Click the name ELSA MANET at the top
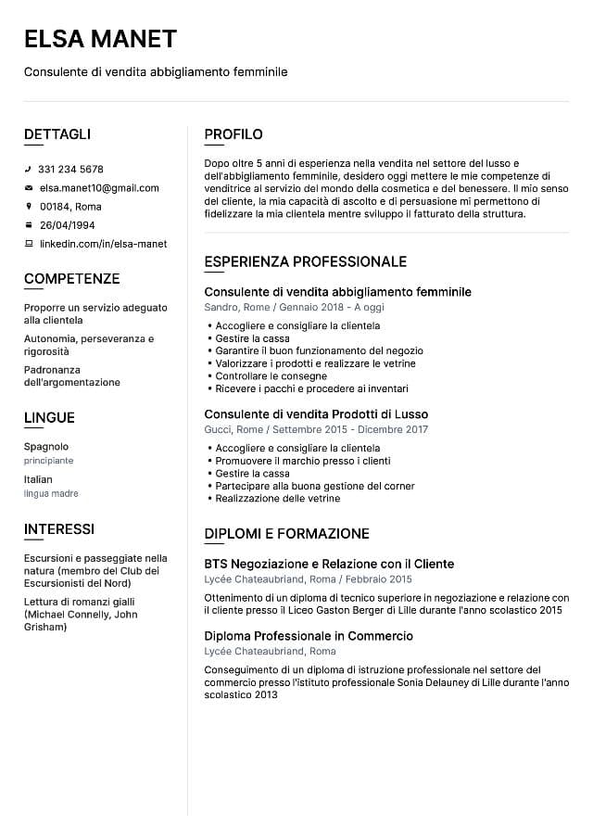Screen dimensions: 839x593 coord(100,38)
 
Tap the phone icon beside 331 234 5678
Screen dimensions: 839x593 coord(29,170)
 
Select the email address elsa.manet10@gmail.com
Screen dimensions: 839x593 coord(99,188)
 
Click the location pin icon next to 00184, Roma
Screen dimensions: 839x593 coord(29,207)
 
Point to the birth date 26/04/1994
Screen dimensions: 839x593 coord(67,225)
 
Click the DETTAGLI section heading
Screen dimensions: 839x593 coord(57,134)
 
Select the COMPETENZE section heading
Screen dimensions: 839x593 coord(71,279)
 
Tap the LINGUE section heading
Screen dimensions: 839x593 coord(49,418)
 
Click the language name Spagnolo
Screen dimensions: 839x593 coord(46,446)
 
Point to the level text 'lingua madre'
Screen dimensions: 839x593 coord(51,494)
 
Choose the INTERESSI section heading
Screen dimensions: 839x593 coord(59,529)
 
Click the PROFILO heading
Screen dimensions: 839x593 coord(233,134)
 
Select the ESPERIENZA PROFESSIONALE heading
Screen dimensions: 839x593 coord(305,261)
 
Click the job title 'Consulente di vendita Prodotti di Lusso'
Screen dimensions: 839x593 coord(316,414)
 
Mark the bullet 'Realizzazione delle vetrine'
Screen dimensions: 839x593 coord(277,499)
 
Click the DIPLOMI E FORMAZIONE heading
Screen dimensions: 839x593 coord(286,534)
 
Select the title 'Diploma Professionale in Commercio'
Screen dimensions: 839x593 coord(309,636)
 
